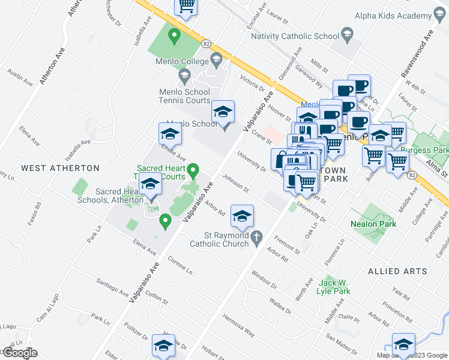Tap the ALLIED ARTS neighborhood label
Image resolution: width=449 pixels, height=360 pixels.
coord(397,271)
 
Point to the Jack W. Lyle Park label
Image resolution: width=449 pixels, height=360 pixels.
coord(334,287)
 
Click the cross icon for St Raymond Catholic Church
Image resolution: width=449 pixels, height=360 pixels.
coord(257,237)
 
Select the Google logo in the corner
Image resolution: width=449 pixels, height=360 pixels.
coord(19,353)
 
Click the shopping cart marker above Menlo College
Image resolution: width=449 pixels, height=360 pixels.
coord(186,7)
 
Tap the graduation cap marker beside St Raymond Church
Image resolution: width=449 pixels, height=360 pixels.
coord(242,217)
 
